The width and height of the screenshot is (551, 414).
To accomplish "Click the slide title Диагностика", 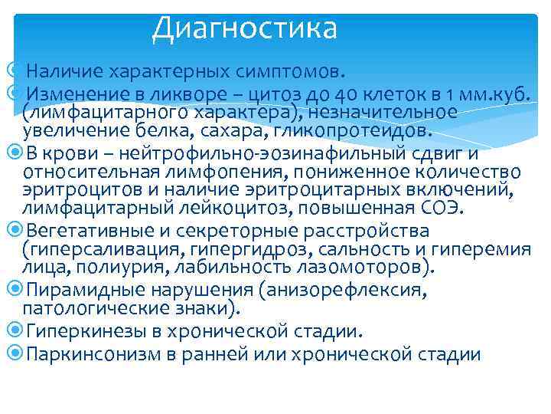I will point(244,28).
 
